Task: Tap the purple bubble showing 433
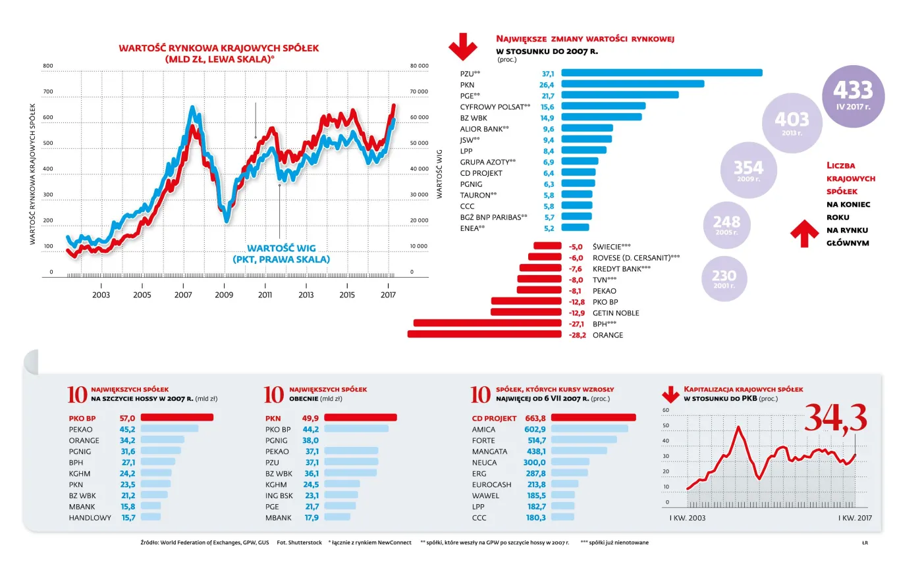[853, 95]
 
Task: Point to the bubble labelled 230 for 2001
[724, 279]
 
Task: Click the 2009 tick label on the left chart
[224, 295]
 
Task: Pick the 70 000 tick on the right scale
[419, 91]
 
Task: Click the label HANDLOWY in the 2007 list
[90, 518]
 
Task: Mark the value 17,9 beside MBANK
[311, 518]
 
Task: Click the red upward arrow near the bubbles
[803, 234]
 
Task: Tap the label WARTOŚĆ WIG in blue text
[281, 248]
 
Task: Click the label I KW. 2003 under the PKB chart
[682, 519]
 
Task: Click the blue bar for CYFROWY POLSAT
[603, 106]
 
